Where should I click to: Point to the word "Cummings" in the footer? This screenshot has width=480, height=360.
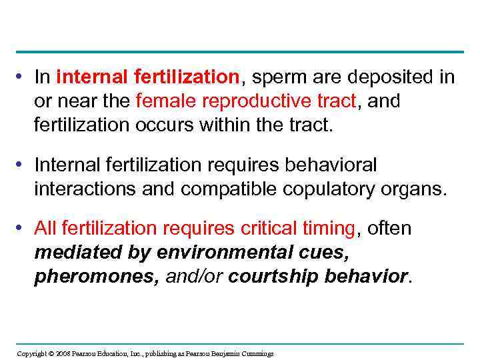point(256,353)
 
